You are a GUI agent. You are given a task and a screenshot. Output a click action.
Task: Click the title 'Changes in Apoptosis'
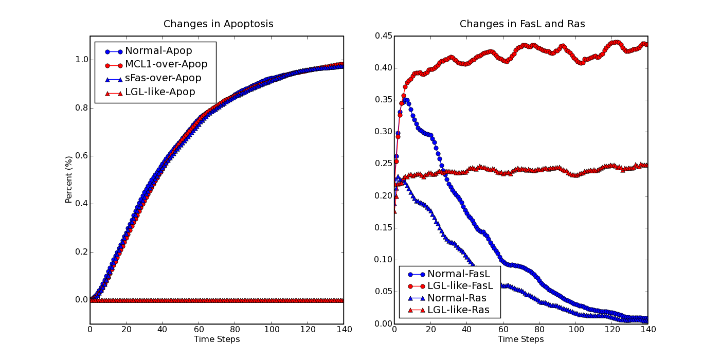point(218,24)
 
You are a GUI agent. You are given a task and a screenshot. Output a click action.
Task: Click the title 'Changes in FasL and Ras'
point(522,24)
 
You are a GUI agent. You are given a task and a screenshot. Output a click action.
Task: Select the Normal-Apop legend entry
point(149,51)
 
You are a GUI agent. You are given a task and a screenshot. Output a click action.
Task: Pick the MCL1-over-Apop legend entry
point(156,64)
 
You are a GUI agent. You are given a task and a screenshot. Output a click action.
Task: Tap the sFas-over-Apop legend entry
point(153,78)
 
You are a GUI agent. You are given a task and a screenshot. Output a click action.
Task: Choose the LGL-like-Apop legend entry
point(150,92)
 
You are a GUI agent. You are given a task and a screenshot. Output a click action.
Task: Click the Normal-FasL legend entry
point(449,274)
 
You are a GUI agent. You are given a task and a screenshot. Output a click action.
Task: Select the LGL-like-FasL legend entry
point(451,286)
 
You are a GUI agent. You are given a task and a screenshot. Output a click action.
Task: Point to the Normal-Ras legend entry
point(447,298)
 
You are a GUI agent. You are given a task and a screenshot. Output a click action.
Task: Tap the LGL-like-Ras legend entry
point(448,310)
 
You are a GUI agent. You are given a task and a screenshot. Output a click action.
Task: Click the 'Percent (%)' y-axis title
point(68,179)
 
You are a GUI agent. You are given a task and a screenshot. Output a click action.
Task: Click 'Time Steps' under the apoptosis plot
point(217,339)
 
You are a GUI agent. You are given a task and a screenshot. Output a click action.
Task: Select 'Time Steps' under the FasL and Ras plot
point(520,339)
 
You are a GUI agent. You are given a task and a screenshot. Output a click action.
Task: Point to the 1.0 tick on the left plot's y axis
point(82,60)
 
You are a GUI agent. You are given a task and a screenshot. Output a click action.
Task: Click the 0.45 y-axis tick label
point(384,35)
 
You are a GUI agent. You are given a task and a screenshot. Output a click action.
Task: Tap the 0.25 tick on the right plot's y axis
point(384,164)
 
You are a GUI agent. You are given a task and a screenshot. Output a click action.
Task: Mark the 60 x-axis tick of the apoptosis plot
point(199,330)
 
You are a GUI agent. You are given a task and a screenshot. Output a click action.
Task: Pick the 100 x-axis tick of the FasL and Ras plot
point(576,330)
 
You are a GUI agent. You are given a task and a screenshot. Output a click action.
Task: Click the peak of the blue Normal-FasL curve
point(406,100)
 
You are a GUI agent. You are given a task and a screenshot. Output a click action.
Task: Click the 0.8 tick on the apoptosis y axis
point(82,108)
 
